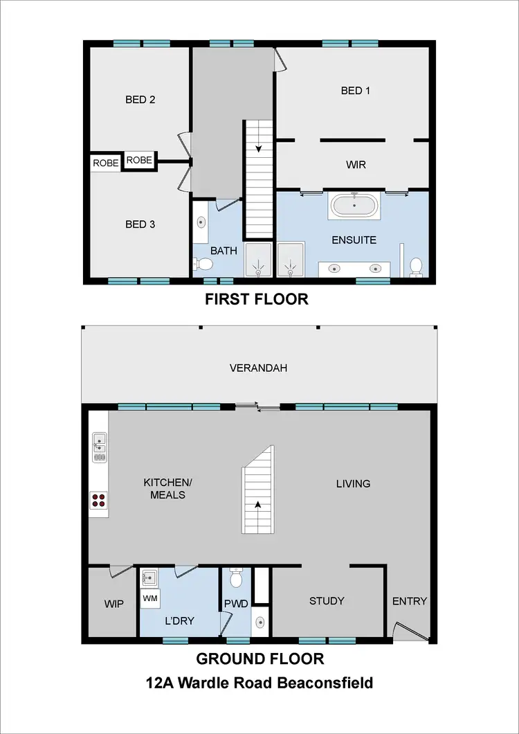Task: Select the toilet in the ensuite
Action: [x=417, y=266]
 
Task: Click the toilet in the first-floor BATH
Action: [x=203, y=264]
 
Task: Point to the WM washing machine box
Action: [x=150, y=597]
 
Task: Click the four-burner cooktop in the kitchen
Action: [x=98, y=500]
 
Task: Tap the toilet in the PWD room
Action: [x=235, y=577]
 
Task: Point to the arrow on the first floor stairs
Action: [x=258, y=147]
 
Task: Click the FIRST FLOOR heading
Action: [x=256, y=300]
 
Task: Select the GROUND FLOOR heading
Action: [x=259, y=659]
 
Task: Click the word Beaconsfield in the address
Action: [x=325, y=683]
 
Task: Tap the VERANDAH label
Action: [x=258, y=368]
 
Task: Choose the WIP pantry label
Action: [x=113, y=604]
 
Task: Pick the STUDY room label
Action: [x=327, y=601]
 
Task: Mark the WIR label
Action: [x=355, y=165]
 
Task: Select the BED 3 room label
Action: [x=140, y=224]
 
